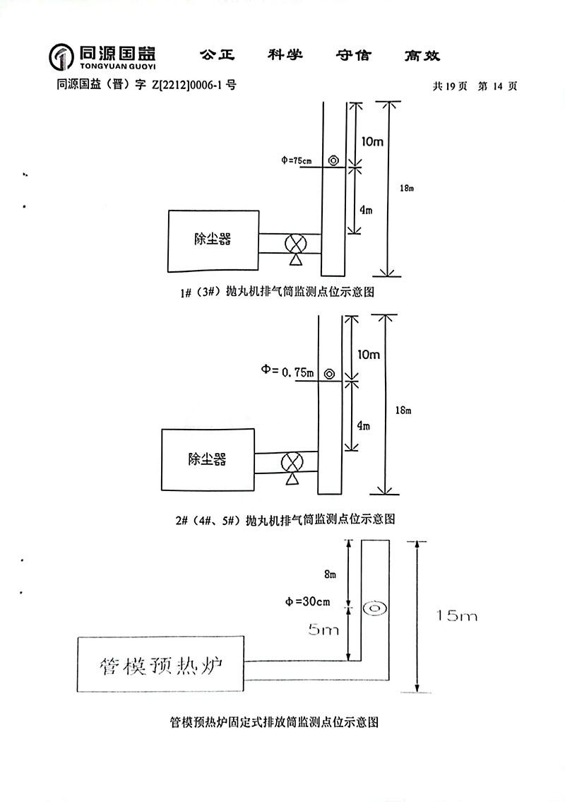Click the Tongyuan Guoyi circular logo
61,57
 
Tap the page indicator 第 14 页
498,86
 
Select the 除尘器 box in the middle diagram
207,459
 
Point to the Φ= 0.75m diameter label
287,371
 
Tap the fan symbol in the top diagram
295,244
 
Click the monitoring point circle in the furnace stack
374,607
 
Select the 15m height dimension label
457,616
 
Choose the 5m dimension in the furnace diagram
324,628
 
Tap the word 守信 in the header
355,55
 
